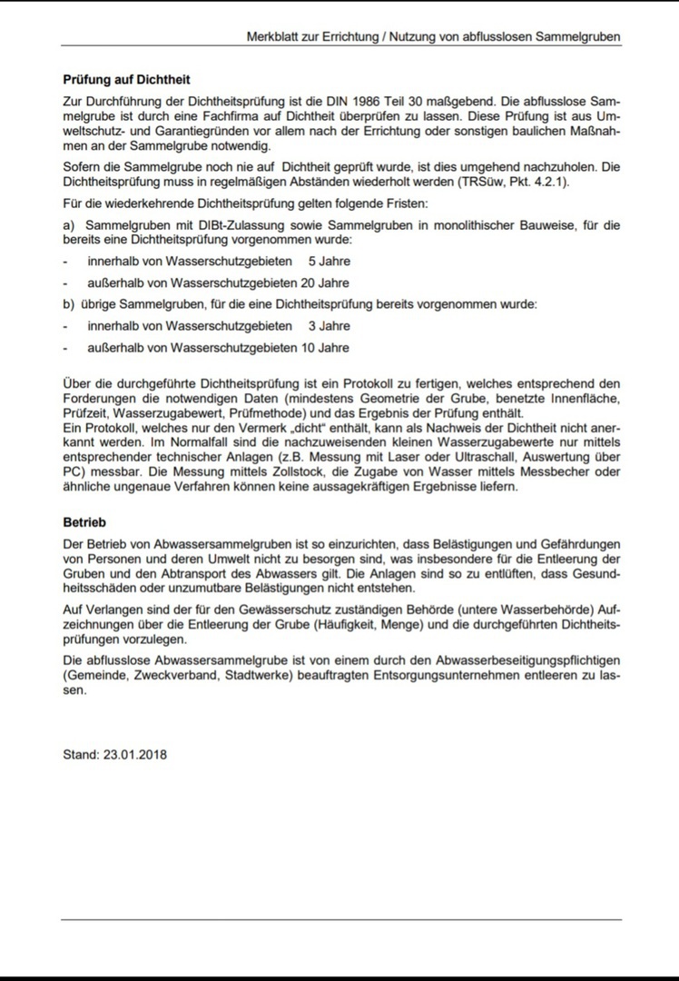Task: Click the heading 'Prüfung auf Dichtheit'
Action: tap(126, 80)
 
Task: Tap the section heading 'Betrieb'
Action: tap(84, 523)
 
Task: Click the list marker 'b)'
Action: tap(69, 304)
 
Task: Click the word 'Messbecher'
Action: tap(562, 471)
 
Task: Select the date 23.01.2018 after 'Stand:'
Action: tap(135, 754)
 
